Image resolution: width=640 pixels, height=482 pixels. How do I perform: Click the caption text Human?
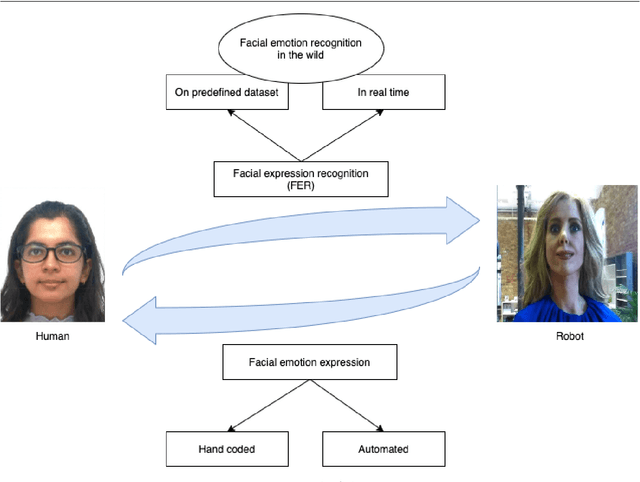coord(53,337)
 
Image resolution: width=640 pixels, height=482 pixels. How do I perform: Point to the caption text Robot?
coord(570,336)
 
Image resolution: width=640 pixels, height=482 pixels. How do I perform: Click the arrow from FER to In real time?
coord(344,134)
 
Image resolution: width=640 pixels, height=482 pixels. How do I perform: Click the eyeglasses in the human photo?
coord(51,253)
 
